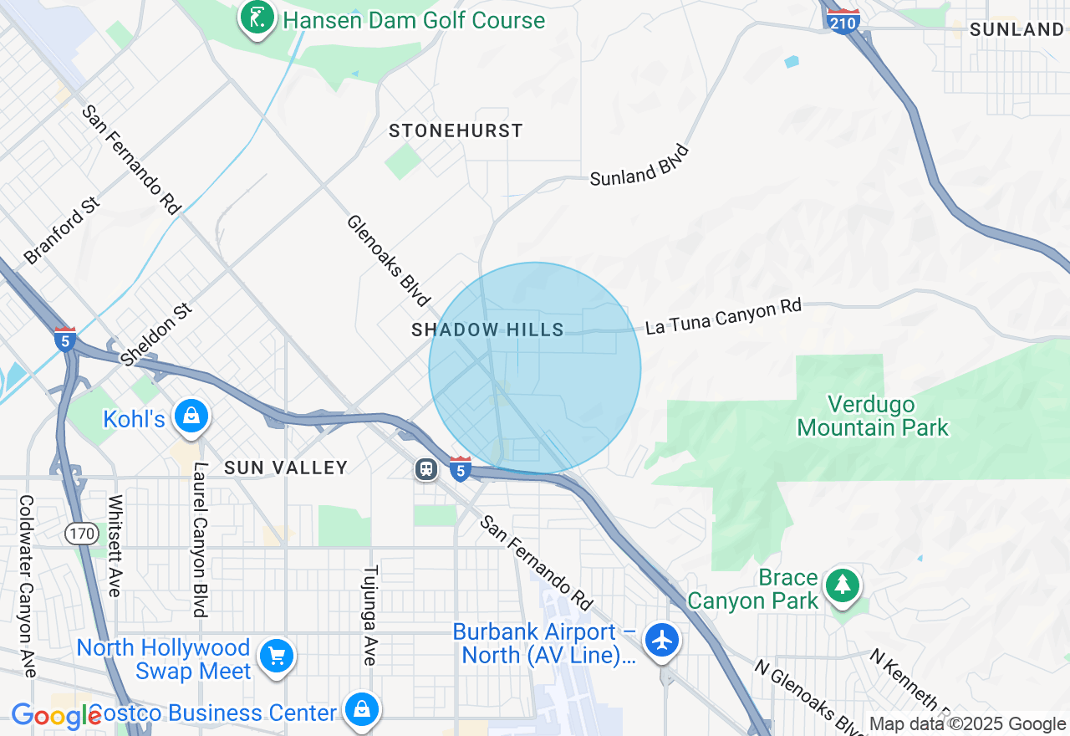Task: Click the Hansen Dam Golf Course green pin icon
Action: (x=257, y=18)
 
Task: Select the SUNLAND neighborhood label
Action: (x=1016, y=30)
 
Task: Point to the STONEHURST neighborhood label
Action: (x=456, y=130)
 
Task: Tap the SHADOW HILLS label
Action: (x=488, y=330)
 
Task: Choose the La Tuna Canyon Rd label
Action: (x=723, y=318)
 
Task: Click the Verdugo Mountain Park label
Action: (x=873, y=417)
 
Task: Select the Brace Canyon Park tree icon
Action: (x=843, y=585)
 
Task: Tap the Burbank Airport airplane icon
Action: (x=662, y=641)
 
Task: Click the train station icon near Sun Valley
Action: (x=426, y=469)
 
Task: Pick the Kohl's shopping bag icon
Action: (x=191, y=416)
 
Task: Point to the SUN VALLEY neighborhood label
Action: (x=286, y=468)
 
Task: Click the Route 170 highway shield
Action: (x=82, y=532)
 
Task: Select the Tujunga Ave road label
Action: (x=370, y=615)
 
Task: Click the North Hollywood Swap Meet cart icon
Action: (x=276, y=656)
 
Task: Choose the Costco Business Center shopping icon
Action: (x=361, y=708)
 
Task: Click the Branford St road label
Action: (x=63, y=232)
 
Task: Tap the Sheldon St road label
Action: (x=156, y=335)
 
